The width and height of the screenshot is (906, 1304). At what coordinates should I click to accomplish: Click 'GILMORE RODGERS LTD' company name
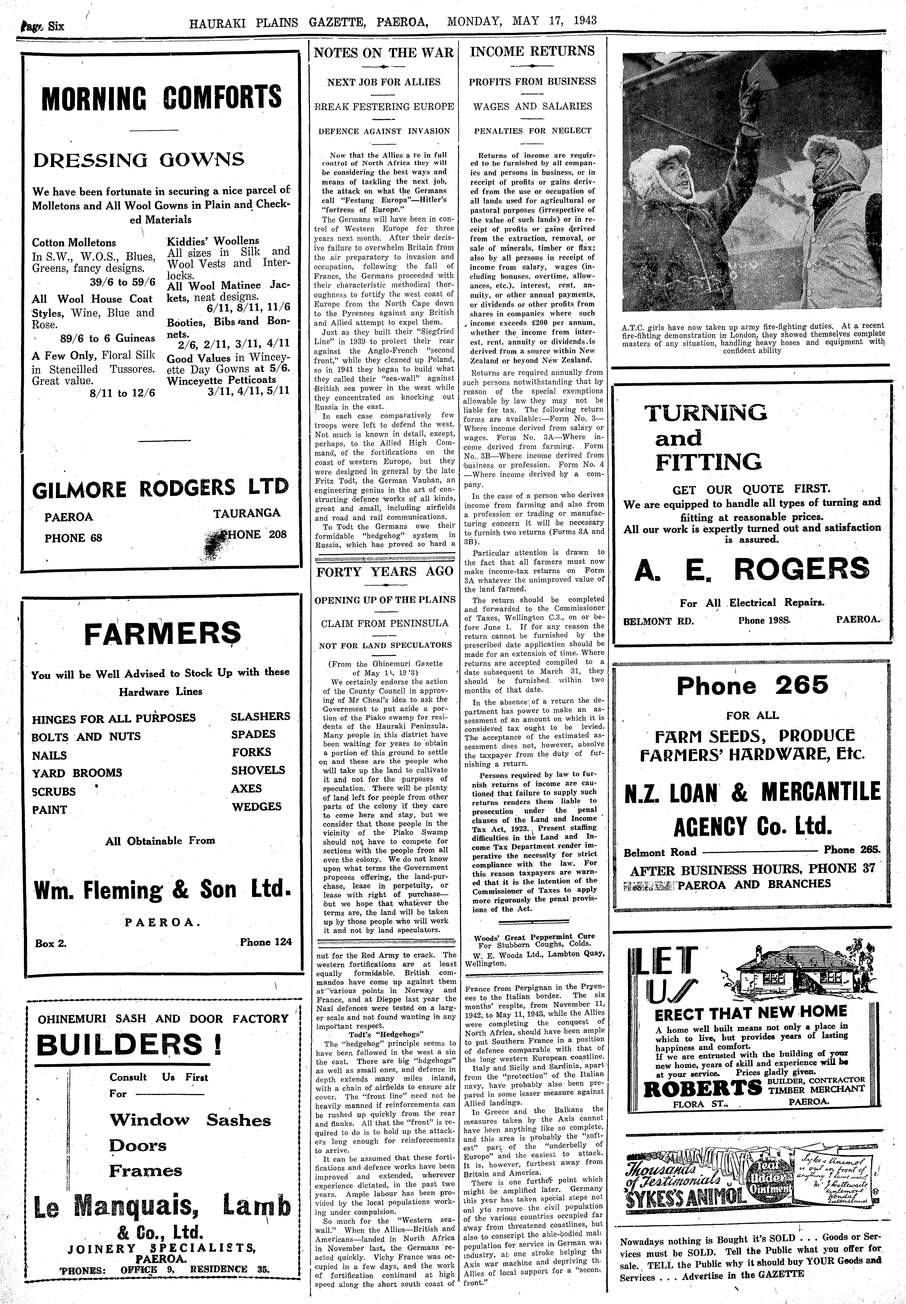click(x=161, y=489)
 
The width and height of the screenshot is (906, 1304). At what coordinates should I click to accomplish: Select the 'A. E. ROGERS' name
click(x=751, y=570)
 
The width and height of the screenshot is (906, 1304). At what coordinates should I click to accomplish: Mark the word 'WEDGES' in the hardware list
click(x=257, y=806)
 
